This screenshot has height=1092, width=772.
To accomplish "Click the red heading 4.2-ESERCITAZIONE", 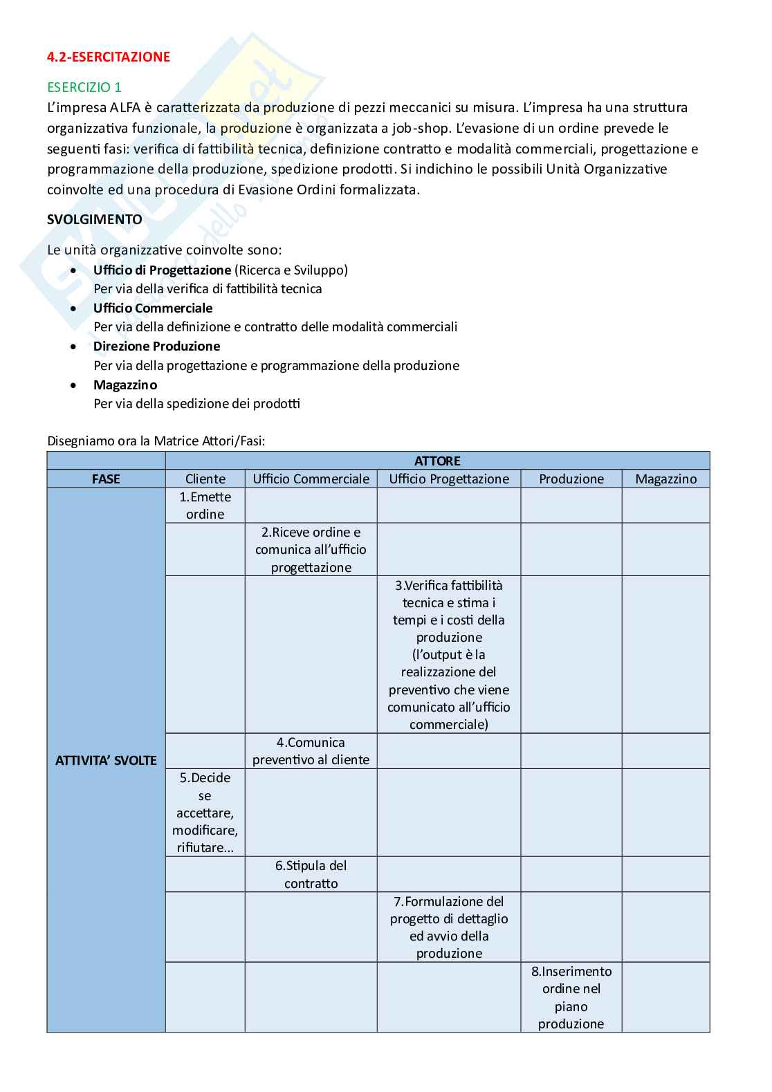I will coord(109,57).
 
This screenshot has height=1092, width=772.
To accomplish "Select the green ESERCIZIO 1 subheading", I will coord(84,87).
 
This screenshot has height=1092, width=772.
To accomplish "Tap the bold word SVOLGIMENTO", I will coord(95,219).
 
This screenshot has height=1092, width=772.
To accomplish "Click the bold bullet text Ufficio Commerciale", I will coord(153,308).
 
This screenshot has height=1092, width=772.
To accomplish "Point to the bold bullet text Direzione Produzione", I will coord(156,346).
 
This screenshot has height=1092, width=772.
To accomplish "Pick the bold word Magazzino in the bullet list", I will coord(125,385).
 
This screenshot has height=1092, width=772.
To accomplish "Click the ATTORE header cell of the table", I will coord(437,461).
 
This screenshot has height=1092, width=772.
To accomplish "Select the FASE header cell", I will coord(106,479).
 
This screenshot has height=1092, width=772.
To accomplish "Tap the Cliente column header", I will coord(205,479).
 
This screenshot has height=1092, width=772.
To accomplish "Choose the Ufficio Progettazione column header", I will coord(449,479).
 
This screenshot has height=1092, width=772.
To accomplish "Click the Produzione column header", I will coord(571,479).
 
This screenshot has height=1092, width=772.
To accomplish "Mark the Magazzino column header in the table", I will coord(665,479).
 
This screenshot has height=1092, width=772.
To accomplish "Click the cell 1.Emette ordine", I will coord(205,506).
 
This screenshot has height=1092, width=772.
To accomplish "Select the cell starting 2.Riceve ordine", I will coord(311,550).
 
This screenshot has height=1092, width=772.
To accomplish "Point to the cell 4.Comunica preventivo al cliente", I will coord(311,751).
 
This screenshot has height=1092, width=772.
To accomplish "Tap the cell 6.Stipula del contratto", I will coord(311,874).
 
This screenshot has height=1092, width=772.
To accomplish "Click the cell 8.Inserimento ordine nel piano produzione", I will coord(571,997).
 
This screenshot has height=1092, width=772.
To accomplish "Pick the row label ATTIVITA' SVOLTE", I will coord(106,760).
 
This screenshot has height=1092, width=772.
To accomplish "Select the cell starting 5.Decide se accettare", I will coord(205,813).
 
